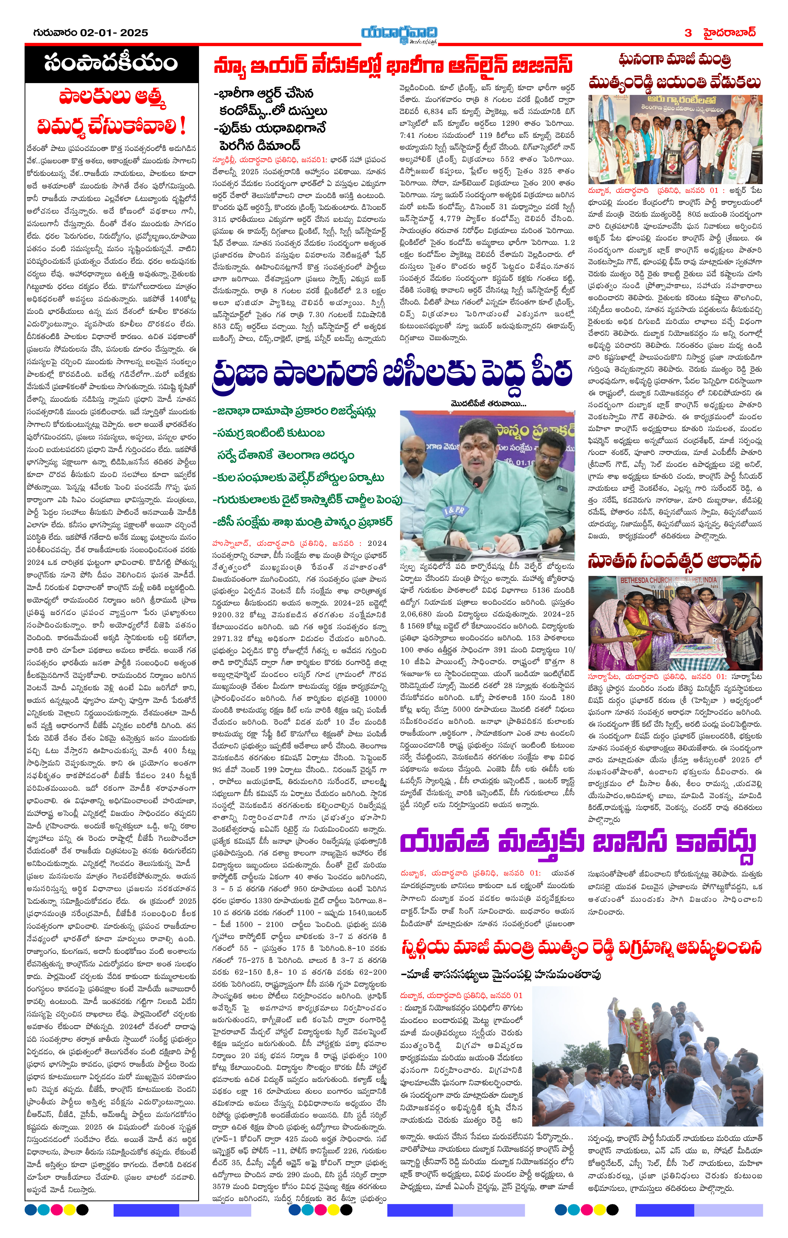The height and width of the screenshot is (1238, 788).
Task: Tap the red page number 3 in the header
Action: (688, 33)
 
